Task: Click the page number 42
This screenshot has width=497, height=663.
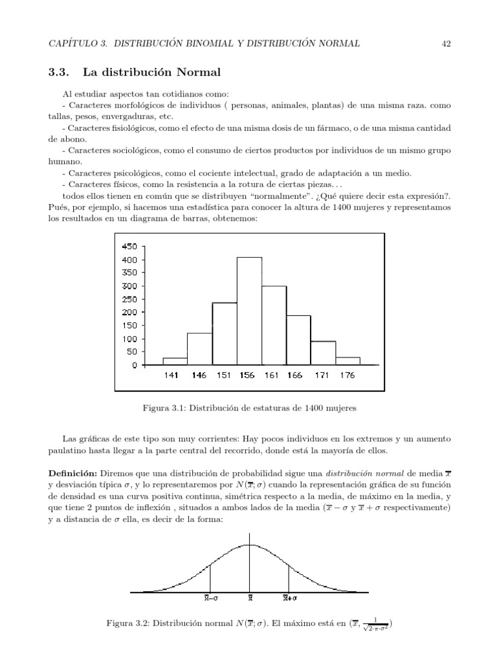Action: pos(445,43)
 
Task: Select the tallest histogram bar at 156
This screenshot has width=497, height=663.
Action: pos(249,311)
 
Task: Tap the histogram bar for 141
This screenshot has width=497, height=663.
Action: pos(174,361)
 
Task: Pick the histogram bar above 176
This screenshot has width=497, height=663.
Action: pos(348,361)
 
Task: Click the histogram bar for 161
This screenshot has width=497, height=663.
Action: pos(274,326)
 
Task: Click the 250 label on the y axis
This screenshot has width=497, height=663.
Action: pos(129,299)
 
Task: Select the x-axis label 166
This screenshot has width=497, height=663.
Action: pos(294,376)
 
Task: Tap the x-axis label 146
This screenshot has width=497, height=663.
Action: pos(199,376)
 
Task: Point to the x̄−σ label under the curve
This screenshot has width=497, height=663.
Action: pos(211,598)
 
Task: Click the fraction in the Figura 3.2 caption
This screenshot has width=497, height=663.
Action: pos(373,625)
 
